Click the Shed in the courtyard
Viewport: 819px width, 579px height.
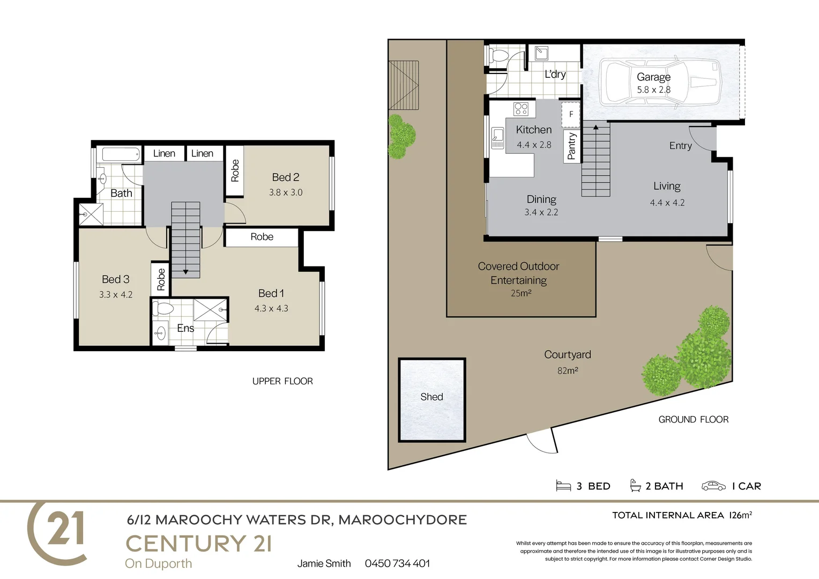pyautogui.click(x=431, y=399)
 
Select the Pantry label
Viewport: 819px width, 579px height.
pyautogui.click(x=571, y=146)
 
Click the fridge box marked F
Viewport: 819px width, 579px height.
pyautogui.click(x=571, y=114)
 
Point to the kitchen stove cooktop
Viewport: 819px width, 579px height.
pyautogui.click(x=520, y=109)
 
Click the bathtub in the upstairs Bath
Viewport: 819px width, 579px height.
pyautogui.click(x=121, y=154)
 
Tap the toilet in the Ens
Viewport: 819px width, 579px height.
pyautogui.click(x=163, y=309)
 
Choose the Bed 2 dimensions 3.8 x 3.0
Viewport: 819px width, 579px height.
pyautogui.click(x=286, y=192)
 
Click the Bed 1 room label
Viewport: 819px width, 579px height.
pyautogui.click(x=271, y=293)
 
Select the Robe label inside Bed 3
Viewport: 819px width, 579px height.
pyautogui.click(x=161, y=279)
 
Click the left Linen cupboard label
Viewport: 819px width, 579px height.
pyautogui.click(x=164, y=153)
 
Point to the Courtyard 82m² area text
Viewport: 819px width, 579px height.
pyautogui.click(x=568, y=370)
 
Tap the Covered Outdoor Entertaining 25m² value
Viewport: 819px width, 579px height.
pyautogui.click(x=521, y=293)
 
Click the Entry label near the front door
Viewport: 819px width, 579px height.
pyautogui.click(x=680, y=146)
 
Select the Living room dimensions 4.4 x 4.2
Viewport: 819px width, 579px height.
pyautogui.click(x=667, y=203)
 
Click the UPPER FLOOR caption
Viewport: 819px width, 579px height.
pyautogui.click(x=282, y=381)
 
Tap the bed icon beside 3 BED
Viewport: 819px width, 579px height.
pyautogui.click(x=563, y=486)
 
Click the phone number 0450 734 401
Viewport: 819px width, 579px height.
pyautogui.click(x=397, y=563)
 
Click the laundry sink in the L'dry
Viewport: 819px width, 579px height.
pyautogui.click(x=541, y=53)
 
